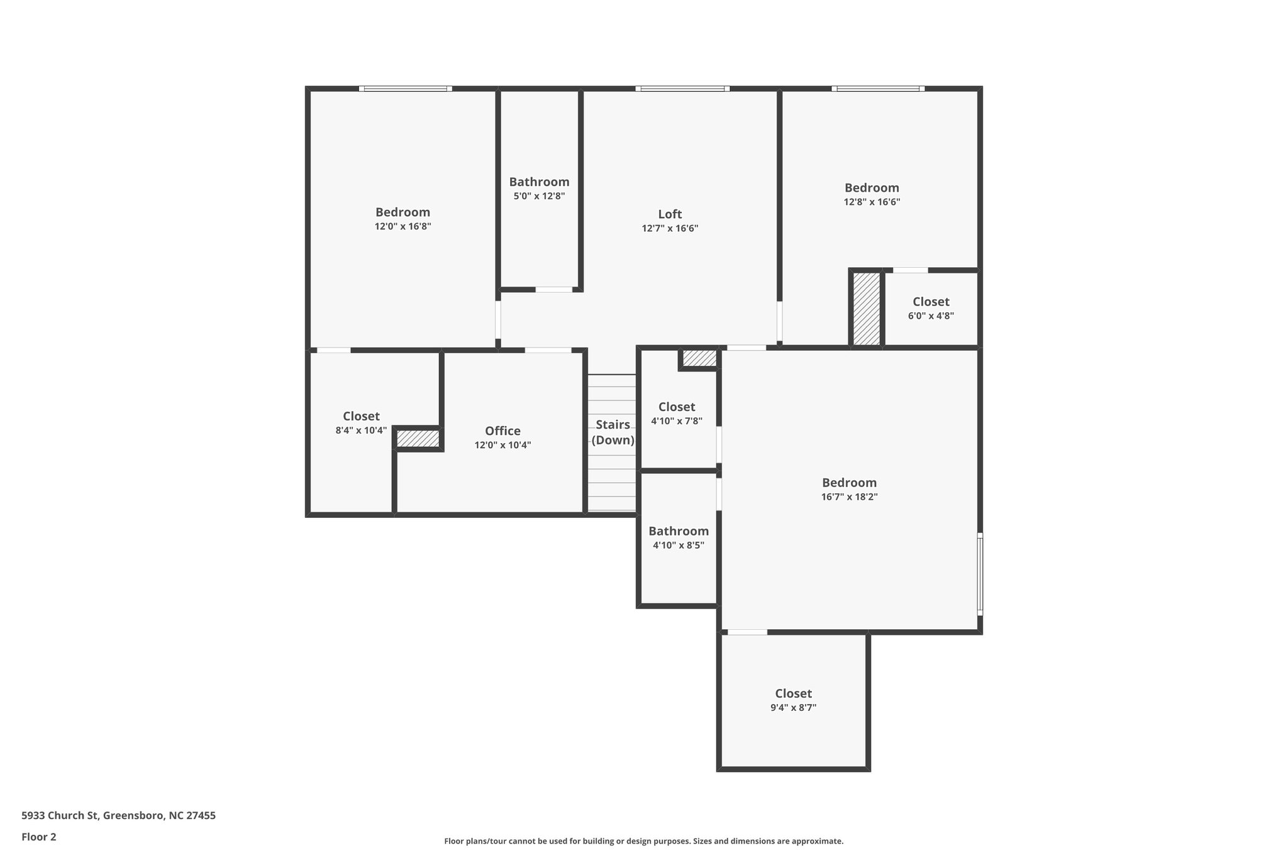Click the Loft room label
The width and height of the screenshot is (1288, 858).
(x=670, y=214)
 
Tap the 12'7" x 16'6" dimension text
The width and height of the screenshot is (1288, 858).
(x=670, y=229)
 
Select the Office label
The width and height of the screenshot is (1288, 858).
(x=502, y=431)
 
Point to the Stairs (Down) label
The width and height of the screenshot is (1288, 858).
(x=613, y=432)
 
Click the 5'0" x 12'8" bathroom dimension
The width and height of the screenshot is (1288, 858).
(x=539, y=196)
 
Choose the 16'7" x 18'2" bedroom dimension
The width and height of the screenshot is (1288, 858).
(x=849, y=497)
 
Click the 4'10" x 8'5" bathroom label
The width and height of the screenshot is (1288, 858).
(x=679, y=532)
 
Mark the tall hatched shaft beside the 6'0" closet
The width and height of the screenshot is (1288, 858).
(x=866, y=308)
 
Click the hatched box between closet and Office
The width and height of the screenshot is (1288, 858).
(x=418, y=439)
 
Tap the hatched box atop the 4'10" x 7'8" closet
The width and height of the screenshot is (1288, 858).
(x=699, y=358)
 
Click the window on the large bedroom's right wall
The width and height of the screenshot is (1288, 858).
(x=979, y=573)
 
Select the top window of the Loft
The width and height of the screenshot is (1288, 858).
(x=682, y=89)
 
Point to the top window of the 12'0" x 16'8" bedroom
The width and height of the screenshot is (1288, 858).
(x=405, y=89)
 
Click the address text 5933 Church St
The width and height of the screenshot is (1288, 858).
(x=118, y=816)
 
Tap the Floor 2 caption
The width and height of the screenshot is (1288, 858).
(x=39, y=837)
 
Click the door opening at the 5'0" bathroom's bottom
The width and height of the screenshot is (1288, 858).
(x=553, y=290)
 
